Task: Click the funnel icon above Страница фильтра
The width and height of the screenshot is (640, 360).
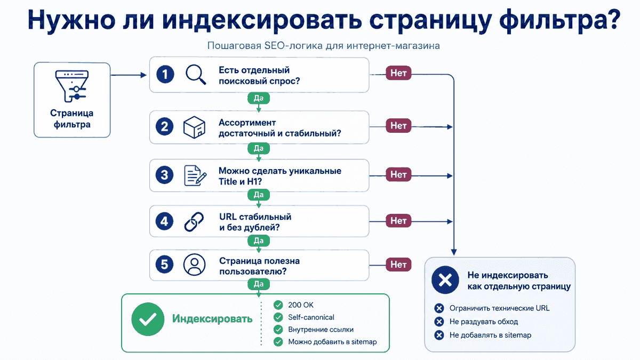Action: (72, 86)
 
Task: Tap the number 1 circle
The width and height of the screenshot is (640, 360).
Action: (165, 75)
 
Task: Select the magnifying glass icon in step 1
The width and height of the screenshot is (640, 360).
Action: (196, 75)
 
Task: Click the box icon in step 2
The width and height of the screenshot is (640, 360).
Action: (194, 127)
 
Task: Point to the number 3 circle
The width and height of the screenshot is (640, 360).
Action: (165, 175)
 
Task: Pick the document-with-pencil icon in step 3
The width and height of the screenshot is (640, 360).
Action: (195, 175)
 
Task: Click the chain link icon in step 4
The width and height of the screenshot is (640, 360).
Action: (194, 221)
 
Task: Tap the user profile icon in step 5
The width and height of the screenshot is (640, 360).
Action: (194, 265)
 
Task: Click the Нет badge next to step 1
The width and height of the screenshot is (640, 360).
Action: (398, 73)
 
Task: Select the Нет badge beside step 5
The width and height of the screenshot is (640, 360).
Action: (398, 265)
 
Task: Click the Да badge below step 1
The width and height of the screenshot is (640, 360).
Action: (259, 98)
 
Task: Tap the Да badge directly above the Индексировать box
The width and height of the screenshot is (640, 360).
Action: (259, 284)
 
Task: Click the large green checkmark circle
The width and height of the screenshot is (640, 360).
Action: (148, 319)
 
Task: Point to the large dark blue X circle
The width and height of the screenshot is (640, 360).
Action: (445, 280)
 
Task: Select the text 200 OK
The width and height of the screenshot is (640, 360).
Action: (301, 305)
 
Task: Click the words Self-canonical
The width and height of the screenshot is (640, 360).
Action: (311, 317)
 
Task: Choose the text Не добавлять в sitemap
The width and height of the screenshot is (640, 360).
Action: (490, 335)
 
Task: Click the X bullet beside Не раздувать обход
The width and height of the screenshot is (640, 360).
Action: (439, 322)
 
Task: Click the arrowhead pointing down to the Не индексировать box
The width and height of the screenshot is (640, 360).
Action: (454, 252)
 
